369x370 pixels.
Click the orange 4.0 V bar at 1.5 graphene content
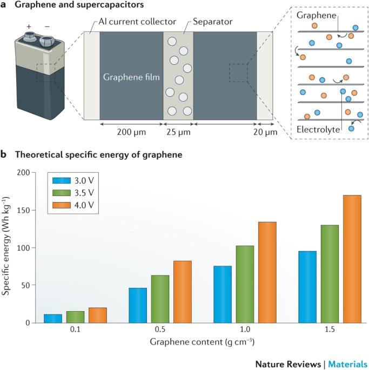coord(352,259)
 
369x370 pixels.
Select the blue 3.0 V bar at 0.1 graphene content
coord(53,319)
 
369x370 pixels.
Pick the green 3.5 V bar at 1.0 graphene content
coord(245,284)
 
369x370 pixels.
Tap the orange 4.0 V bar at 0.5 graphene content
coord(183,292)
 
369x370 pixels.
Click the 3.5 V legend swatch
coord(62,193)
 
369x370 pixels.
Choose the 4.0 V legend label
coord(84,205)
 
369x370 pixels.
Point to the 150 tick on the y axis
coord(24,210)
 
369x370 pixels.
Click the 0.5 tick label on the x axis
coord(160,329)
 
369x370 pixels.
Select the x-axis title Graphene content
coord(202,342)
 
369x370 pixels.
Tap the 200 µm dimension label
coord(131,132)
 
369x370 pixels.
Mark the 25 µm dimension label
coord(178,132)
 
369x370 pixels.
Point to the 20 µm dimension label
coord(265,132)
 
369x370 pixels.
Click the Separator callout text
coord(212,22)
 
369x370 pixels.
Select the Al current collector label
coord(137,22)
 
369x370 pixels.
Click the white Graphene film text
coord(131,77)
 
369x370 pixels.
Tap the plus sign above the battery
coord(29,26)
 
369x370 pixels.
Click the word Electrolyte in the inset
coord(318,129)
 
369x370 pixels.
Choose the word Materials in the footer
coord(347,364)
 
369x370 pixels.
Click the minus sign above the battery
coord(47,26)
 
